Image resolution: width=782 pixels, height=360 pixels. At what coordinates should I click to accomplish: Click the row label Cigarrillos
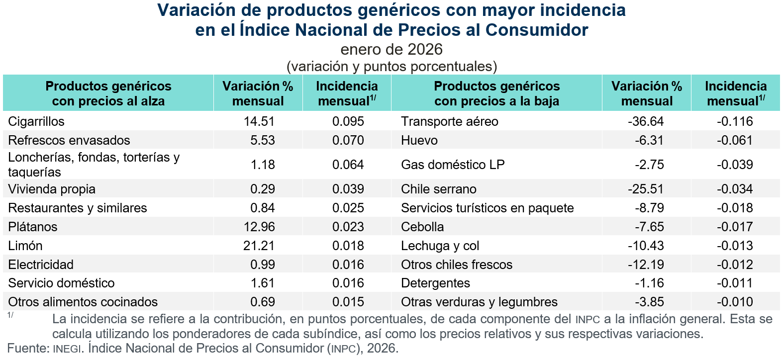(x=36, y=121)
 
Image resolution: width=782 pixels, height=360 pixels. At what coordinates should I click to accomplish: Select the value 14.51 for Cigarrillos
(x=259, y=121)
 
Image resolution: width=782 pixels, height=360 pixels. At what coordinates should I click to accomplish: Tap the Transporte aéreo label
(x=449, y=121)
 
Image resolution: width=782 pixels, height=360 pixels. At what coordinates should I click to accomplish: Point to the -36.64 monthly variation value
(x=646, y=121)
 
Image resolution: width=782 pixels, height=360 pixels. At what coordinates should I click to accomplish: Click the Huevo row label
(x=419, y=140)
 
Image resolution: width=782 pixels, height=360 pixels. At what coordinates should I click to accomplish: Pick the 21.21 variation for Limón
(x=259, y=246)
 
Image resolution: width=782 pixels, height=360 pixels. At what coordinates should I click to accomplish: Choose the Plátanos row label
(x=33, y=227)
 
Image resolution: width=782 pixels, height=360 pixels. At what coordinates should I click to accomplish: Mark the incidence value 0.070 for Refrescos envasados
(x=348, y=140)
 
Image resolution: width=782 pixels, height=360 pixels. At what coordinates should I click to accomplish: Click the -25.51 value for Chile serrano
(x=646, y=189)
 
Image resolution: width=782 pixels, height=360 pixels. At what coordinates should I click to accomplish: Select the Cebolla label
(x=422, y=227)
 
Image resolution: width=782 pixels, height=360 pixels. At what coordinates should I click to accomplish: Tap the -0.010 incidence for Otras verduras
(x=735, y=302)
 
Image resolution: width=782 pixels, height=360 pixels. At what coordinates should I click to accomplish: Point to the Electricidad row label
(x=41, y=265)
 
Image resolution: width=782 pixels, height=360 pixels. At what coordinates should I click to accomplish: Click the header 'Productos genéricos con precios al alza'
(x=108, y=93)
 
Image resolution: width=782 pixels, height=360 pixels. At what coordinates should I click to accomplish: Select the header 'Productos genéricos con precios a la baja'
(x=496, y=93)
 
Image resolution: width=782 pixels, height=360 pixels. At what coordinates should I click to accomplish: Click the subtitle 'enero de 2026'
(x=391, y=49)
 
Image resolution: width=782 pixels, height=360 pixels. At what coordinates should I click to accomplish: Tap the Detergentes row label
(x=435, y=283)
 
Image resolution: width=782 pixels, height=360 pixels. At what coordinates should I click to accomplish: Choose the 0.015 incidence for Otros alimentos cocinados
(x=348, y=302)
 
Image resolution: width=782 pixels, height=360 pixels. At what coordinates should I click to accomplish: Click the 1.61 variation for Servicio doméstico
(x=263, y=283)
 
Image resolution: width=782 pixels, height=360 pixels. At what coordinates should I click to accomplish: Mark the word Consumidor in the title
(x=537, y=30)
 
